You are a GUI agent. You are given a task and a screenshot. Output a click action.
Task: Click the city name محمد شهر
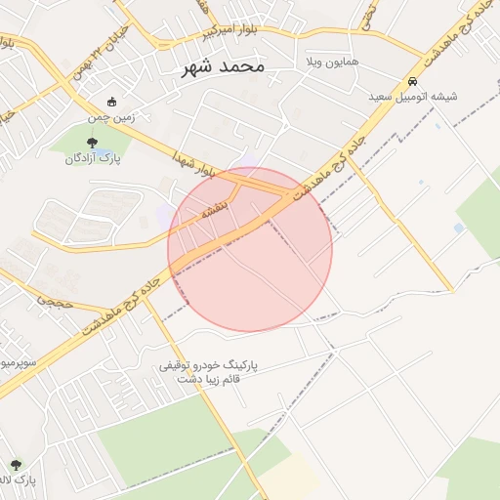(x=224, y=67)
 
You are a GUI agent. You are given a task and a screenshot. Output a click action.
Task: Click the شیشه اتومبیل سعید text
(x=413, y=97)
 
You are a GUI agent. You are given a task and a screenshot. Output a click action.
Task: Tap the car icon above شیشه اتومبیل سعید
(x=413, y=81)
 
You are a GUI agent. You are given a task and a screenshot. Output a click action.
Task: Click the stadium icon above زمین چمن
(x=111, y=102)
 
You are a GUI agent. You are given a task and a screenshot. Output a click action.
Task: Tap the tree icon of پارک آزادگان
(x=92, y=145)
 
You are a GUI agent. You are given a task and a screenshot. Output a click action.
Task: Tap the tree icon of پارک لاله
(x=16, y=466)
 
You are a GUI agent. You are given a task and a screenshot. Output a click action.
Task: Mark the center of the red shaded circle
(x=250, y=250)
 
